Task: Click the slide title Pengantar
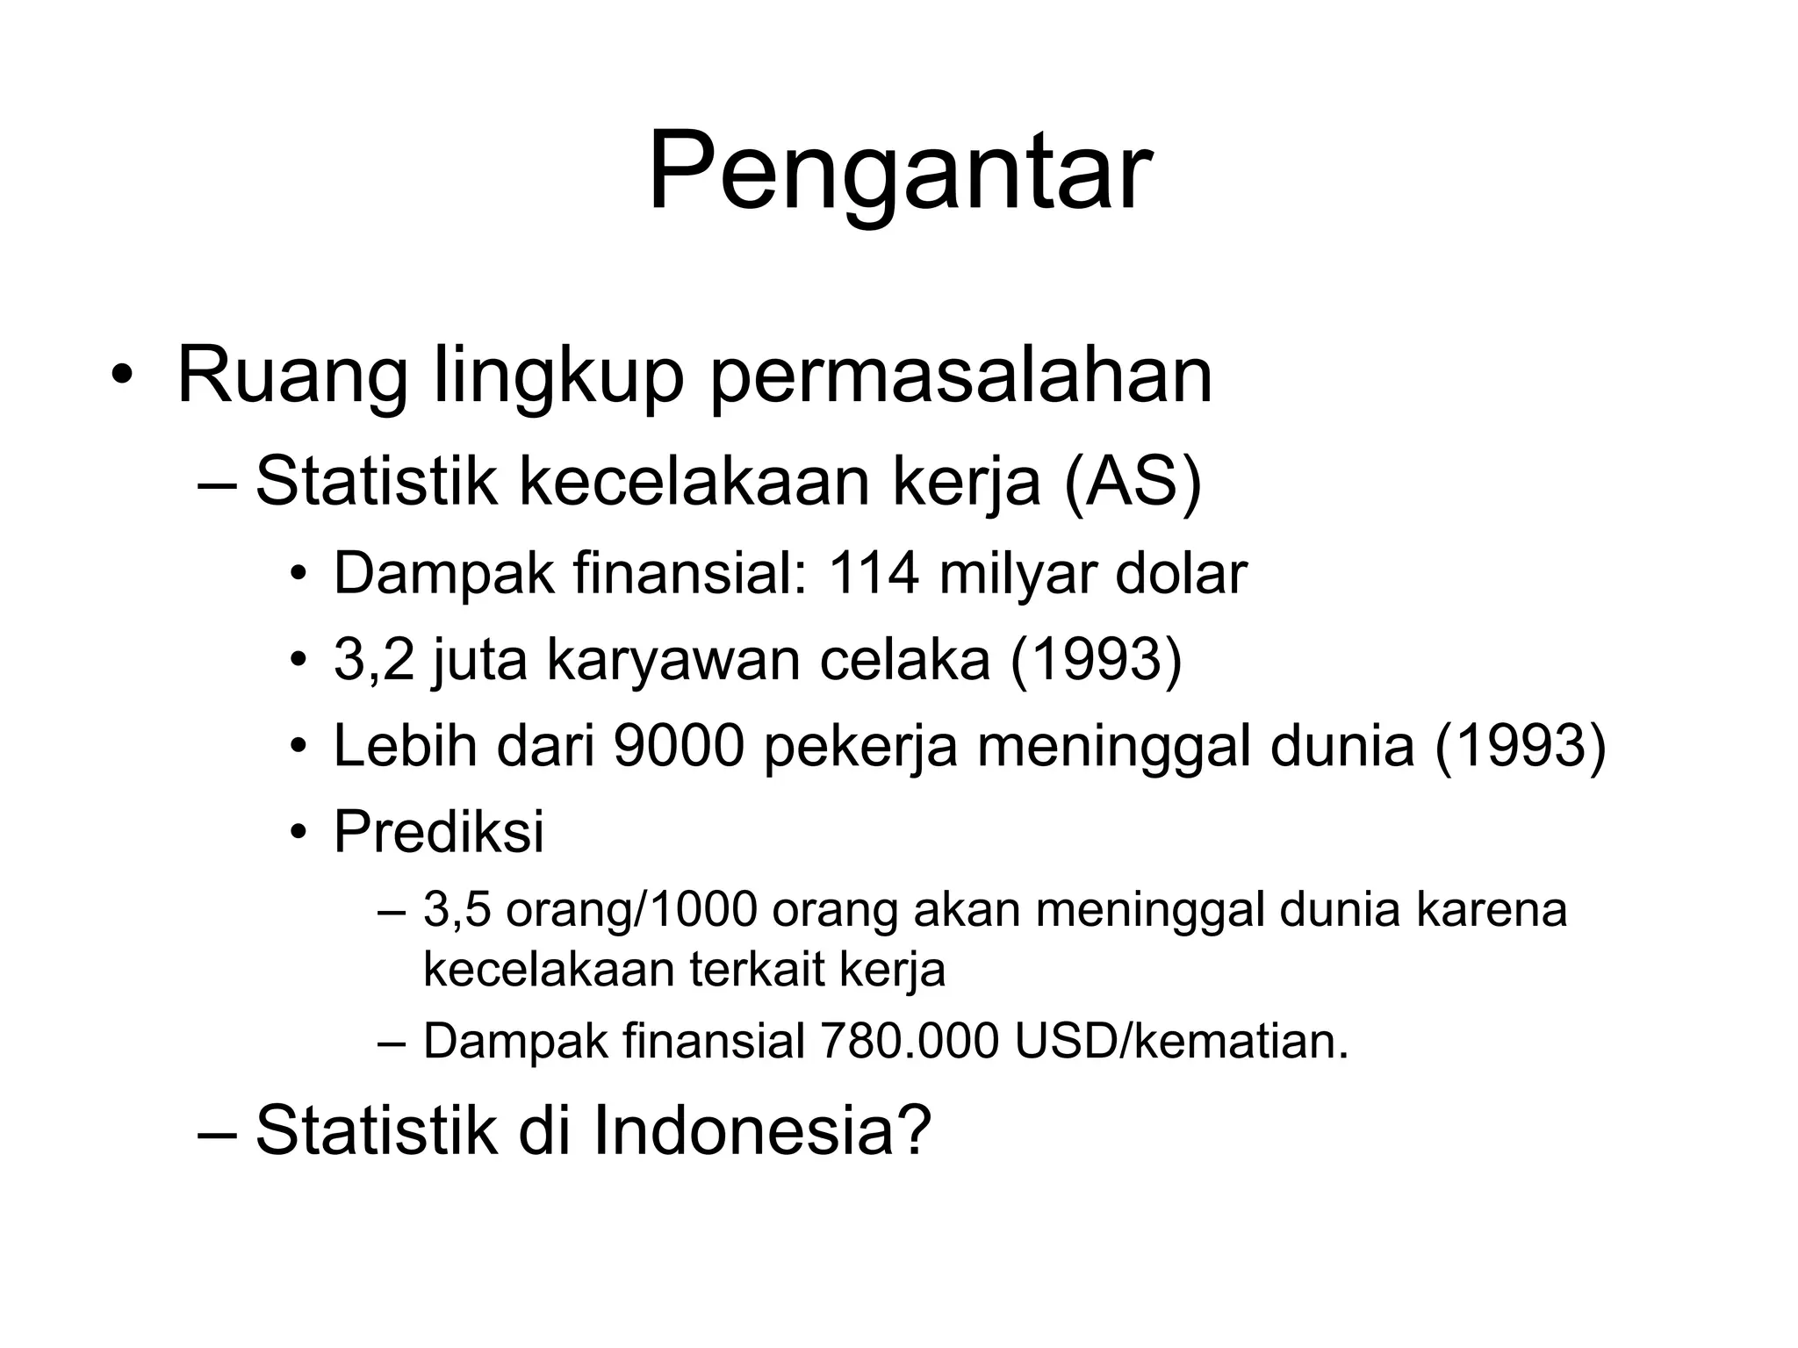(899, 171)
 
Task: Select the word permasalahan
(960, 378)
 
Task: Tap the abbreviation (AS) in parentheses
(1132, 482)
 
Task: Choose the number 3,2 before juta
(373, 660)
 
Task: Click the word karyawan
(673, 660)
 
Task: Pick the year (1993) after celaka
(1097, 660)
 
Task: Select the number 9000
(679, 746)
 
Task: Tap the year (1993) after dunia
(1520, 746)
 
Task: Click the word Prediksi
(439, 831)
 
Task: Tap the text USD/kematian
(1180, 1042)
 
